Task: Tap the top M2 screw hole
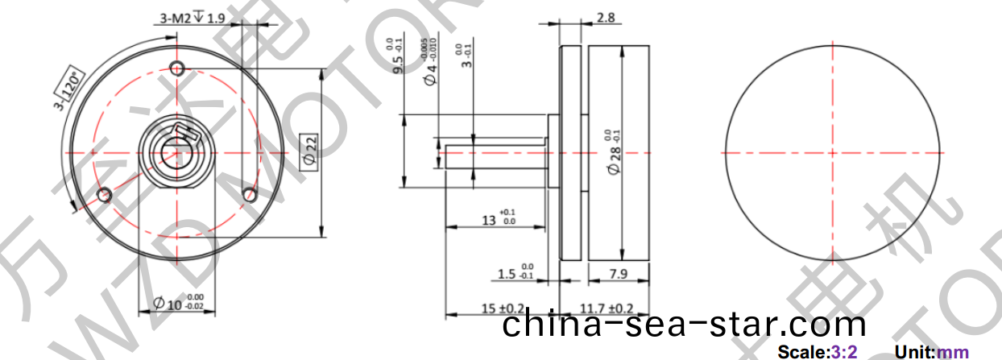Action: (x=178, y=66)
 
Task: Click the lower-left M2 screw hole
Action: (x=103, y=195)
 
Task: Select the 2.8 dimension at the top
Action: (x=607, y=18)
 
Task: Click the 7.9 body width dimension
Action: (x=619, y=275)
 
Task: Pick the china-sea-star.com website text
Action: (x=685, y=325)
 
